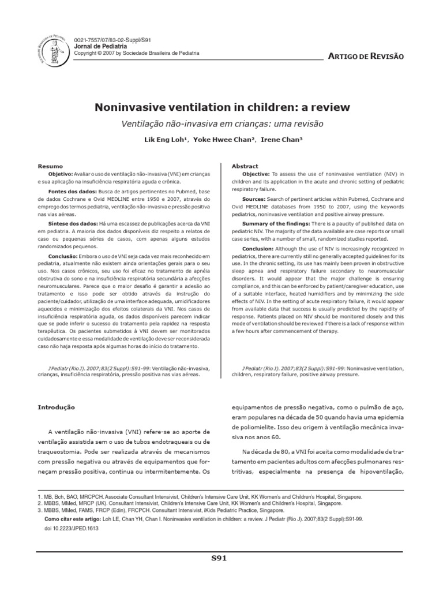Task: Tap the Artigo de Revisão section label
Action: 366,55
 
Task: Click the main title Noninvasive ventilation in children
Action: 221,107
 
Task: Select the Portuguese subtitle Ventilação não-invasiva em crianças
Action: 221,124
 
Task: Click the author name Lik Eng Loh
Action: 171,140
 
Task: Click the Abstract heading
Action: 245,166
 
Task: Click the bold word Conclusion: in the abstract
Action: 258,249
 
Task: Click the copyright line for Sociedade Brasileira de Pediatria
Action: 137,53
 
